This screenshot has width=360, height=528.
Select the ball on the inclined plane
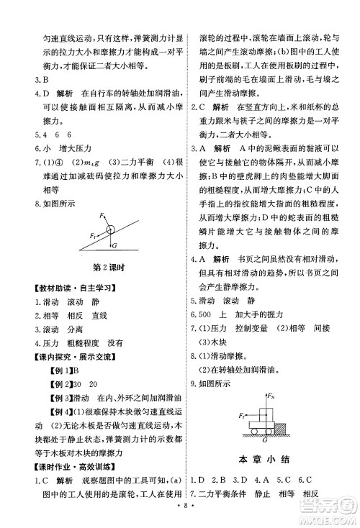(110, 230)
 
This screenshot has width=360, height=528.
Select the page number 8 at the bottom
(179, 516)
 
